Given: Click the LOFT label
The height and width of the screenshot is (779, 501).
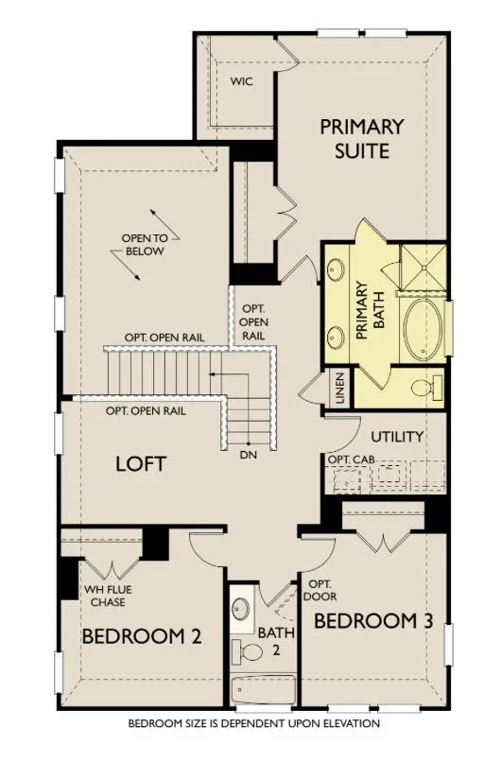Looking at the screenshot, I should coord(141,464).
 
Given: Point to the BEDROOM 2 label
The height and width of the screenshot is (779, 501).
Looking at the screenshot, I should coord(142,635).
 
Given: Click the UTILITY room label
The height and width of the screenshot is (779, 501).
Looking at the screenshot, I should coord(395,437).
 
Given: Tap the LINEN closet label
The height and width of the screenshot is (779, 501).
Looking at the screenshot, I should coord(339,388).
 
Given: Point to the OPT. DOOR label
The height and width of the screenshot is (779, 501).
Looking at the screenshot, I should coord(320,591).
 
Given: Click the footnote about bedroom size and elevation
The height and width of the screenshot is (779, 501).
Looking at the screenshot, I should coord(254,723).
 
